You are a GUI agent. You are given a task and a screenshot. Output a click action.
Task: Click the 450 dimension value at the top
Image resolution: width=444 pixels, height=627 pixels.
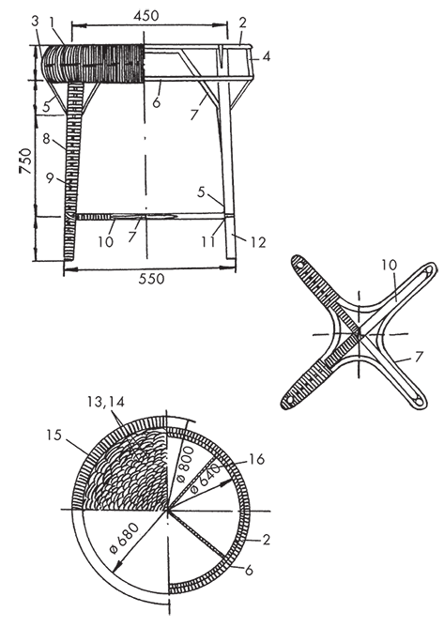[145, 15]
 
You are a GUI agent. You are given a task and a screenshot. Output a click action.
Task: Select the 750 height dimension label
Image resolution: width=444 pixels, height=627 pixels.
[26, 161]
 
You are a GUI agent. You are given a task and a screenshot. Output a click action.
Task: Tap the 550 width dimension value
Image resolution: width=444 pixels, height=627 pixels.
[151, 279]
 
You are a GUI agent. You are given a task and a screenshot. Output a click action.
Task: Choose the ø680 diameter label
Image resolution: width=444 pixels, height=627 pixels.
[125, 537]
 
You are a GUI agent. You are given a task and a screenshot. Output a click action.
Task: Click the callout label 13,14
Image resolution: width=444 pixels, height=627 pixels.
[105, 402]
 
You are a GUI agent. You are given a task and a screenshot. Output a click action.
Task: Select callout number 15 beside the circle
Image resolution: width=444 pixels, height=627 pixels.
[54, 435]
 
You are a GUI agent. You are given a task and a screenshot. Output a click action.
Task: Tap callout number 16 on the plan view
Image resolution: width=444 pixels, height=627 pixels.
[257, 459]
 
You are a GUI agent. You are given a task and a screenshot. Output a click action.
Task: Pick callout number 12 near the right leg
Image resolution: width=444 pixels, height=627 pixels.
[258, 241]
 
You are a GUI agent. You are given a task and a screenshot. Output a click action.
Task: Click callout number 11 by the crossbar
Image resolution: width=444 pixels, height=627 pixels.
[208, 241]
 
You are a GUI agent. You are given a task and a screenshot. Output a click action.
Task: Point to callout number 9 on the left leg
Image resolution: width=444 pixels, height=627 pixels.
[50, 178]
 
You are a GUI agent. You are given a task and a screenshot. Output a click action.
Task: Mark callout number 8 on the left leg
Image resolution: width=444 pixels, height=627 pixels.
[46, 139]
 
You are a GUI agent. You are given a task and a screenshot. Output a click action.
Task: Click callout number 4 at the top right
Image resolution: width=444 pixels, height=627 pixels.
[266, 56]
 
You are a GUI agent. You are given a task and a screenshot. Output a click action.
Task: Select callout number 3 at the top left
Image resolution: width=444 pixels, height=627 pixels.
[35, 22]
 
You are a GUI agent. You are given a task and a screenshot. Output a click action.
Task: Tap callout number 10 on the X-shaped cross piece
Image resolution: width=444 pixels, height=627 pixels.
[390, 265]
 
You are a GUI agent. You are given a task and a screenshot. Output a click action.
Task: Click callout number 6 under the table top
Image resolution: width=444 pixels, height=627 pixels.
[157, 102]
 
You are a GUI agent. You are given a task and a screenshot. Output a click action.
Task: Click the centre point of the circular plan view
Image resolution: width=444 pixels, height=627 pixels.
[168, 511]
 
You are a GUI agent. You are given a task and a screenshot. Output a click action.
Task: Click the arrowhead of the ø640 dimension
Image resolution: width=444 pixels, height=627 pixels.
[230, 482]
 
